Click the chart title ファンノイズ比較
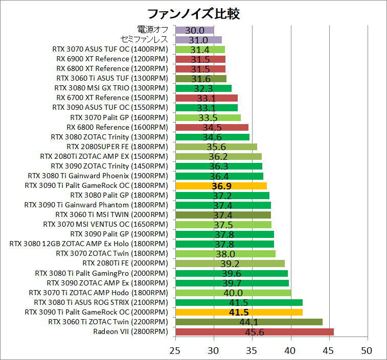point(193,13)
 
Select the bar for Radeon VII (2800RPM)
point(254,332)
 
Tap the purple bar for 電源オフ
point(194,30)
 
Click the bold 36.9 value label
point(221,186)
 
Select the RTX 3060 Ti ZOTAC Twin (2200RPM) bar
point(249,322)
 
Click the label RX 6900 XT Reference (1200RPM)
point(111,59)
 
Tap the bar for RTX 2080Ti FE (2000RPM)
point(230,263)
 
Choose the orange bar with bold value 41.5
point(239,312)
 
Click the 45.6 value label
point(254,332)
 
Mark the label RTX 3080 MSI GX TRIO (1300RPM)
point(110,88)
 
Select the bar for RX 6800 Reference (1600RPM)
point(212,127)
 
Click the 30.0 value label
point(194,30)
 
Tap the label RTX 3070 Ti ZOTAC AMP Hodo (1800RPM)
point(98,293)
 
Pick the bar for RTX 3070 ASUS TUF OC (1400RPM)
point(200,50)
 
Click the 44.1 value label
point(248,322)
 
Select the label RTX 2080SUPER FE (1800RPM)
point(117,147)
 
